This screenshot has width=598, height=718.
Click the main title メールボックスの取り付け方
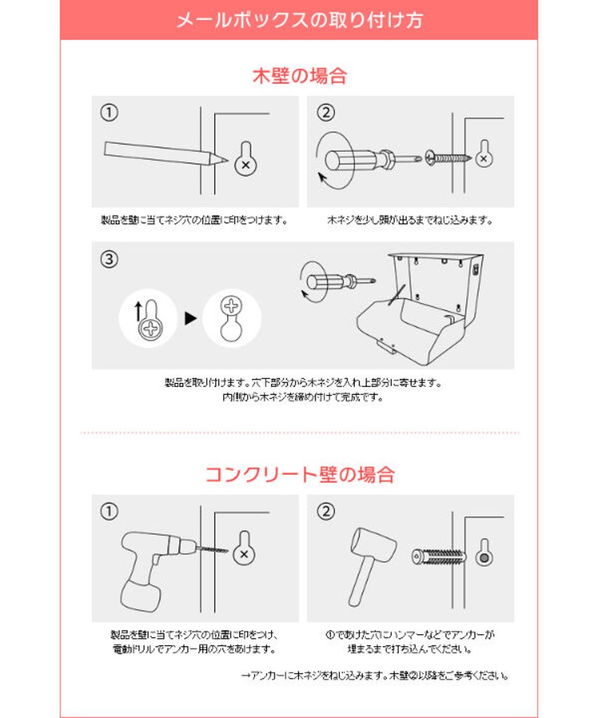pos(299,20)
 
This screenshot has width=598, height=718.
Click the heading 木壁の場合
pos(300,75)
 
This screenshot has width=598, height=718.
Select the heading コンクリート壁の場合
pos(300,474)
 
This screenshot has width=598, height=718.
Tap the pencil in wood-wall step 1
pos(166,153)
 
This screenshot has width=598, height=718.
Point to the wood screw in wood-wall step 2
pos(448,158)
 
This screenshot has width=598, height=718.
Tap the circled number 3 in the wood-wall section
pos(109,259)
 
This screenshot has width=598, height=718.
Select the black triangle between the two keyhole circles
pos(190,318)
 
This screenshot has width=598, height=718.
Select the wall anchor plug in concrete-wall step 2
pos(438,557)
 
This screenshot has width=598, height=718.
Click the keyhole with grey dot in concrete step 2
pos(484,553)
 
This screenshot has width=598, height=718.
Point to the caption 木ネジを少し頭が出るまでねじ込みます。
pos(410,220)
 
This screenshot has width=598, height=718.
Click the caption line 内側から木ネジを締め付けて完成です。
pos(302,397)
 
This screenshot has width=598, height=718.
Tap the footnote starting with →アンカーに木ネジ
pos(375,676)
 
